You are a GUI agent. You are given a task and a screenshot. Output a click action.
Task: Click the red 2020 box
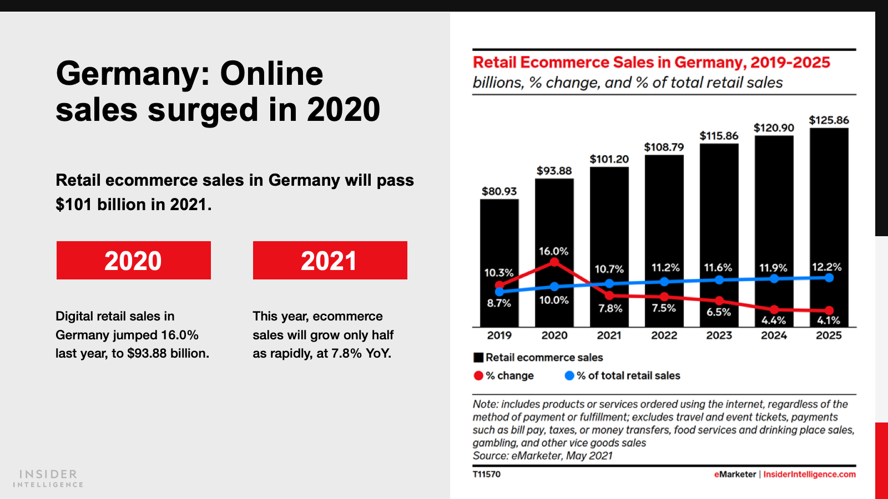(133, 260)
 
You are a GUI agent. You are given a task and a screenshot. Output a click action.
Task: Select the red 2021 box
(330, 260)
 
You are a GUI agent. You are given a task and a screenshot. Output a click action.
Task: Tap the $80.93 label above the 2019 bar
(499, 191)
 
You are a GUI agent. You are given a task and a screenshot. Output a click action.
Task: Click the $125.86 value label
(829, 120)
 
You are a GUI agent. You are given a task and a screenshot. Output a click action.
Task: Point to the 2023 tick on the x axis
(719, 335)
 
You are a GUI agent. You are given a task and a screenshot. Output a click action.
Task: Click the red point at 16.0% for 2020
(554, 262)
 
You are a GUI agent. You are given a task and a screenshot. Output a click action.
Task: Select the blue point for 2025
(829, 278)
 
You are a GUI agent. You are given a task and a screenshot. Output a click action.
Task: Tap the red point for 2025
(829, 310)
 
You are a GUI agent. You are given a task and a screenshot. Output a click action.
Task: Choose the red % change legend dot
(478, 375)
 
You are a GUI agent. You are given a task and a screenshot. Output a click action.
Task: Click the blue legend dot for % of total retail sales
(569, 375)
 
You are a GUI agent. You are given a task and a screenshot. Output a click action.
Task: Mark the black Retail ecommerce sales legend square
(478, 358)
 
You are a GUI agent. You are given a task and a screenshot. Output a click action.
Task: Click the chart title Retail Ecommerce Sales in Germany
(651, 62)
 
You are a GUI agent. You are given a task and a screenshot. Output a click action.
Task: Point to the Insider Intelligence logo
(48, 478)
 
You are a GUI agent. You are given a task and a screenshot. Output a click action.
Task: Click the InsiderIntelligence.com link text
(809, 474)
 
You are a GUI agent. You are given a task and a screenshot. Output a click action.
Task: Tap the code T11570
(487, 474)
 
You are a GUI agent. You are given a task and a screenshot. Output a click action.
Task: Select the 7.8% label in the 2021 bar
(610, 308)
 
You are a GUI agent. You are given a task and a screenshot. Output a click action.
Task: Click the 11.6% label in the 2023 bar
(718, 268)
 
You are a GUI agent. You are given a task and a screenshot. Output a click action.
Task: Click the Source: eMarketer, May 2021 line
(542, 456)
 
